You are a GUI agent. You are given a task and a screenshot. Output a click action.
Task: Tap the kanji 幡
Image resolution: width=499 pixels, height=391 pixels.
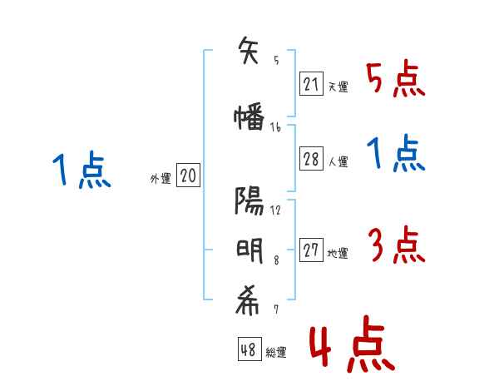pyautogui.click(x=249, y=118)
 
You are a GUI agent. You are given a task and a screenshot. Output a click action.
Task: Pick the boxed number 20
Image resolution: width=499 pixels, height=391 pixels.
pyautogui.click(x=188, y=176)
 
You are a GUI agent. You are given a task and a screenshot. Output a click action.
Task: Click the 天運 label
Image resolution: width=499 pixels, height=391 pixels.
pyautogui.click(x=338, y=87)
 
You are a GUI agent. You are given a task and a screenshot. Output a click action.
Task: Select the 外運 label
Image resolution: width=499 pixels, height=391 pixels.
pyautogui.click(x=160, y=178)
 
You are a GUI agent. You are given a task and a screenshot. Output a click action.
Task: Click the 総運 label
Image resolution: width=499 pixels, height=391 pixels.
pyautogui.click(x=276, y=353)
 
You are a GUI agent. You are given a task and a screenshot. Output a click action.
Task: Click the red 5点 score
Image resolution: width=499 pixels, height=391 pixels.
pyautogui.click(x=395, y=79)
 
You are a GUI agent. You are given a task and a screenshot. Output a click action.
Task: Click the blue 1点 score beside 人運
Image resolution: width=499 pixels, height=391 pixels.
pyautogui.click(x=395, y=154)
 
